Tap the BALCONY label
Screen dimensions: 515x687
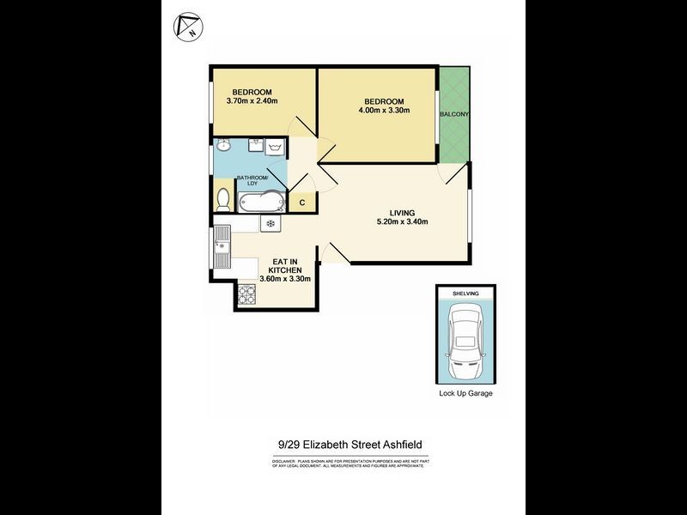(x=453, y=114)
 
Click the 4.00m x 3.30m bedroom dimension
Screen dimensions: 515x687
(x=384, y=110)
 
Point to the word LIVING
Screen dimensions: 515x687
(x=401, y=212)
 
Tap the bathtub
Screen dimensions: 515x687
(x=260, y=203)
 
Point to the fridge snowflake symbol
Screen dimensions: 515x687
(x=270, y=224)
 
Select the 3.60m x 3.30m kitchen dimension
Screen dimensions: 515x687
(x=285, y=278)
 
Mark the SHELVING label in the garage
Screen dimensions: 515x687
(x=465, y=293)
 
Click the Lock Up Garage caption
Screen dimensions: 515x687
(x=465, y=394)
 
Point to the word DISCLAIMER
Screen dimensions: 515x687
(x=284, y=461)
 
